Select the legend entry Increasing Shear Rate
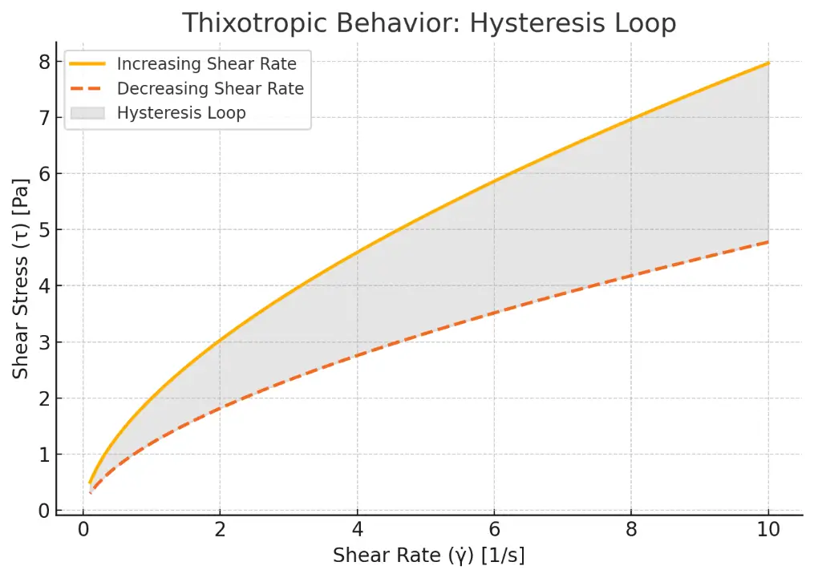point(206,64)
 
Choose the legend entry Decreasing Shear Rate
point(210,88)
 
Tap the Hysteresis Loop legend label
point(181,113)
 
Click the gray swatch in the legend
point(88,113)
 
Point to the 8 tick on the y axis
point(45,62)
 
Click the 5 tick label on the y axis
point(45,230)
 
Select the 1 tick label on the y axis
point(45,455)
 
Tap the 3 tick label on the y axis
point(45,342)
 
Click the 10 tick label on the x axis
point(768,530)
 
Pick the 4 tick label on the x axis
point(358,530)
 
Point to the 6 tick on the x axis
point(495,530)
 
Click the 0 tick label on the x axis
point(83,530)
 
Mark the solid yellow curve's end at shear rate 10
point(768,63)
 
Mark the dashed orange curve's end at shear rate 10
point(768,242)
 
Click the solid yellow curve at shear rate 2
point(221,340)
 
